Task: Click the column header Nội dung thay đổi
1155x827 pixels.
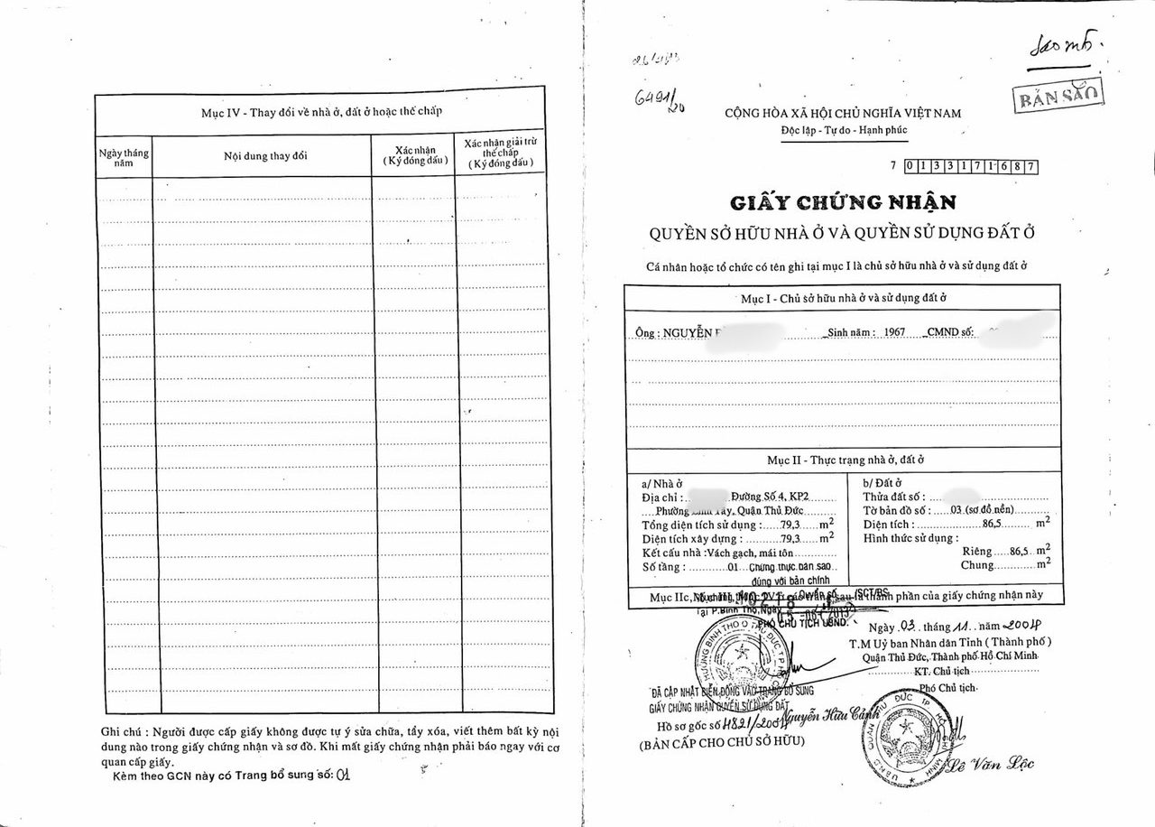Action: click(265, 155)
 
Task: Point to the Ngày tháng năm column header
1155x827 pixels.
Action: click(124, 158)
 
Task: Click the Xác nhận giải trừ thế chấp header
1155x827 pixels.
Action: click(500, 154)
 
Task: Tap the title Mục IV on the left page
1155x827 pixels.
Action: click(320, 112)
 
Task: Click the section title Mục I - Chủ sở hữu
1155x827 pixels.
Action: click(841, 297)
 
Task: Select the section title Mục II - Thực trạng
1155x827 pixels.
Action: click(845, 460)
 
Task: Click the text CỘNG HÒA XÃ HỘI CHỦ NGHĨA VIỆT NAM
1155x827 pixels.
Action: click(843, 113)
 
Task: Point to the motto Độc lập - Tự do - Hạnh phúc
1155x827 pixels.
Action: click(844, 130)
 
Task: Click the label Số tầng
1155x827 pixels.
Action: click(663, 567)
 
